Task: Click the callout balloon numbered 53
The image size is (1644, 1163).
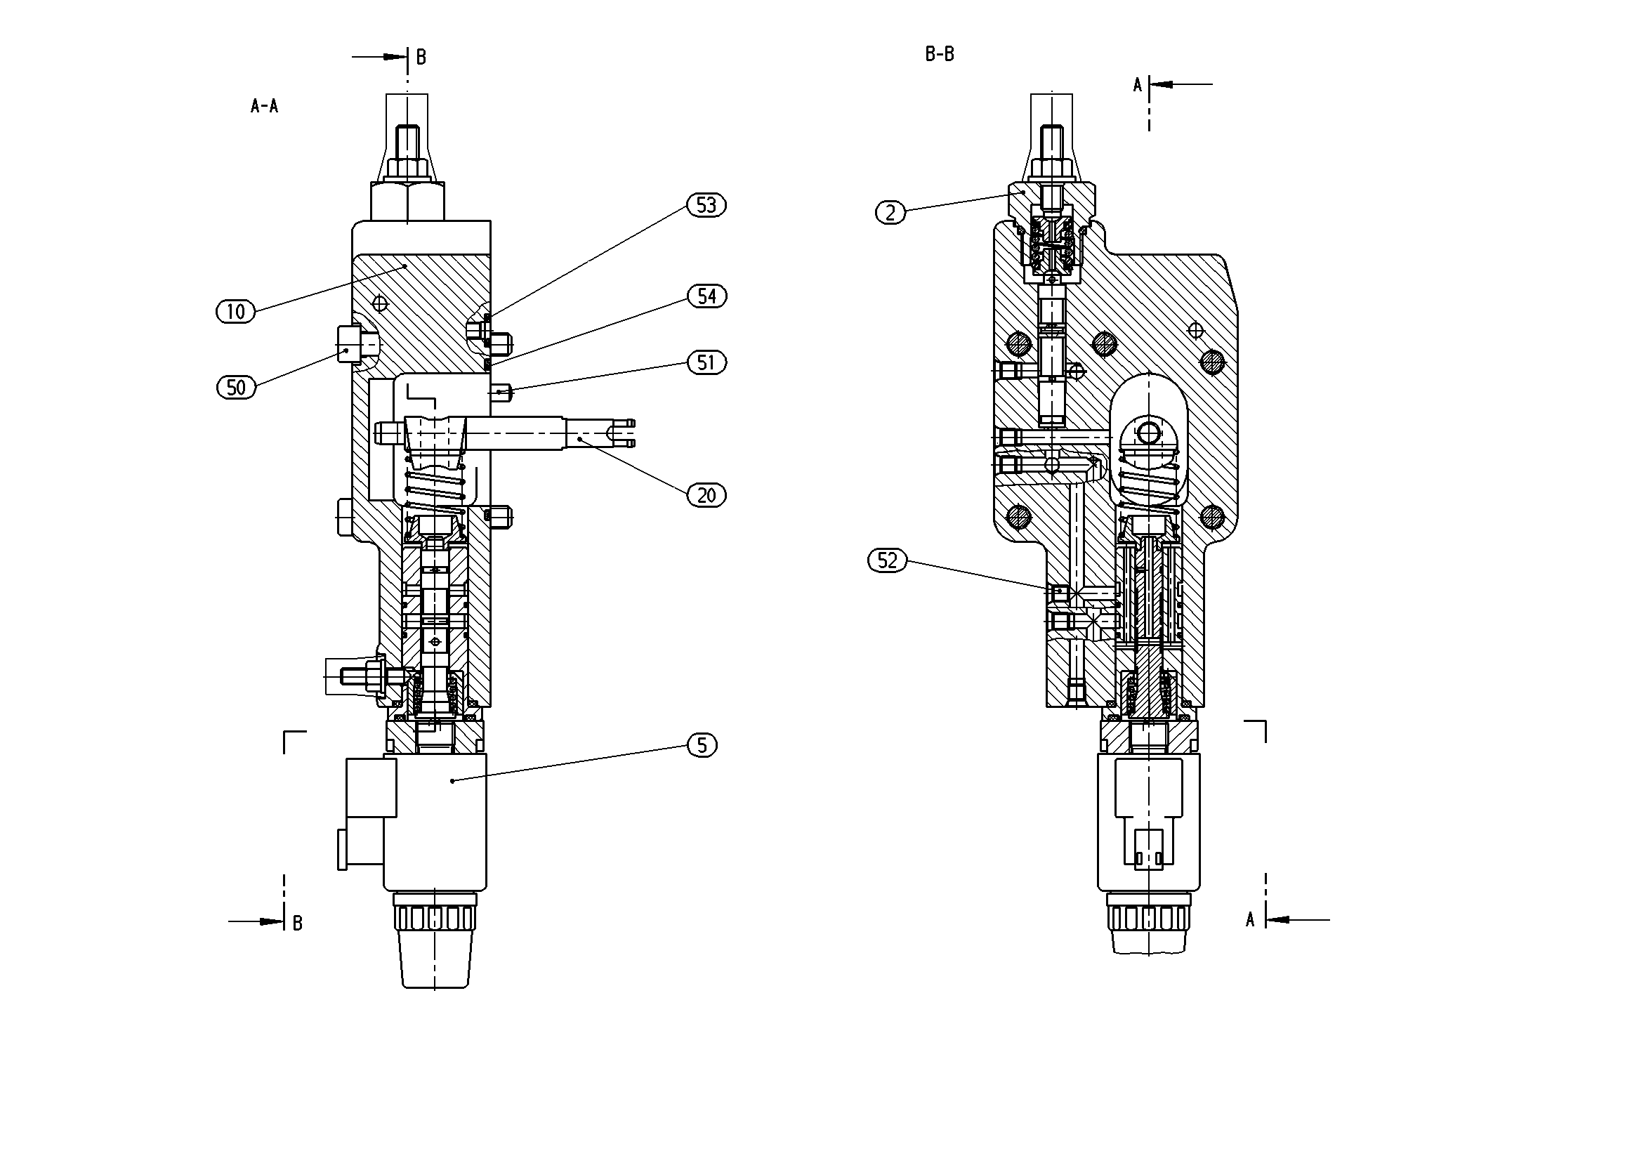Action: click(x=706, y=206)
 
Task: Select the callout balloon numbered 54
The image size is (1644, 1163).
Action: click(x=706, y=296)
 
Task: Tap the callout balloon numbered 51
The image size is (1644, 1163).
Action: click(x=706, y=362)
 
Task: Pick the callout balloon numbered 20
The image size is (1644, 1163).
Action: click(x=706, y=495)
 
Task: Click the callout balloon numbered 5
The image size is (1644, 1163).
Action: click(x=702, y=746)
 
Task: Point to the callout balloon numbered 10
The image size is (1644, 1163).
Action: click(x=235, y=312)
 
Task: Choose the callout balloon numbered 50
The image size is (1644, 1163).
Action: click(x=236, y=388)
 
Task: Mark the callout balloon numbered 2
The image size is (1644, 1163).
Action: click(x=890, y=213)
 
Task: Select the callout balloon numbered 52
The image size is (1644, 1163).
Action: click(x=887, y=560)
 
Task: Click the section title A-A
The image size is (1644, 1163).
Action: click(x=264, y=107)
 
